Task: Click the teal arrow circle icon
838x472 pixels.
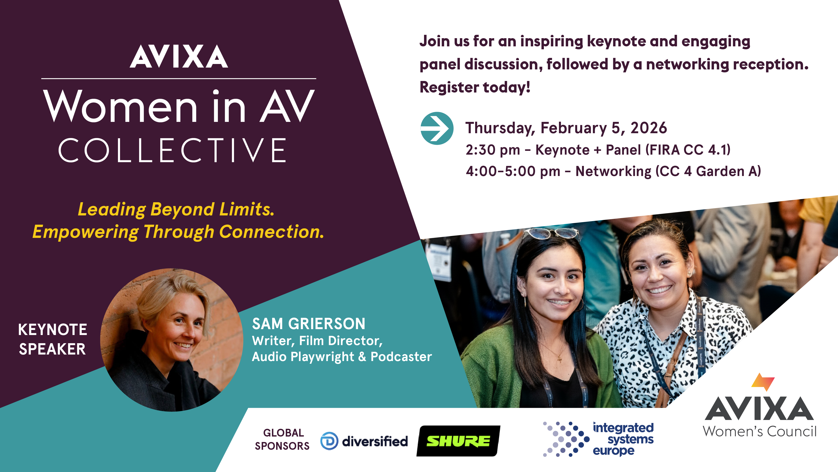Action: click(x=437, y=128)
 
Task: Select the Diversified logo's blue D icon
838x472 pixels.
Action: click(x=329, y=441)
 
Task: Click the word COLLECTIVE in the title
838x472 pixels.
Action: click(x=172, y=150)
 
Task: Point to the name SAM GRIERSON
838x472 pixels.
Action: click(x=308, y=324)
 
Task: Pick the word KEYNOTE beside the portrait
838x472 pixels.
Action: click(x=52, y=330)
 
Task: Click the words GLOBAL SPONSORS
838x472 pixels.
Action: click(x=282, y=439)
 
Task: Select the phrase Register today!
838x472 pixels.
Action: click(x=475, y=87)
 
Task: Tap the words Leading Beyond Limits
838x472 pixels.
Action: click(x=176, y=209)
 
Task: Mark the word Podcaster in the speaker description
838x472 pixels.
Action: click(x=401, y=357)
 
